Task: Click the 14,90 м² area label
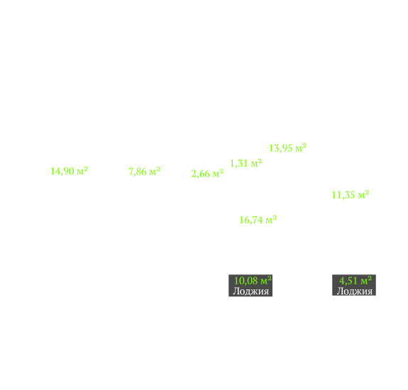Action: [69, 171]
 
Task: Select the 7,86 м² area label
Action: [145, 172]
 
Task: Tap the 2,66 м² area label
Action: [207, 174]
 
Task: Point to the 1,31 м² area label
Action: [246, 163]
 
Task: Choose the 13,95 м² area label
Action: [287, 148]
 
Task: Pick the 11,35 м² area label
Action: [351, 195]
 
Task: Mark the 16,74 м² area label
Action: [258, 220]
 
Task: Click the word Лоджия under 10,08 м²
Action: [251, 291]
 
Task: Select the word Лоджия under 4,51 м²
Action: [355, 291]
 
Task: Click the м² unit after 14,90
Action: [82, 171]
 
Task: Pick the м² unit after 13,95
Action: [301, 147]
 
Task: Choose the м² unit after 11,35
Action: [363, 194]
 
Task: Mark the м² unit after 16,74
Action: [271, 220]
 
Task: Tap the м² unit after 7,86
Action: [155, 171]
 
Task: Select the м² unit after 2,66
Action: [218, 173]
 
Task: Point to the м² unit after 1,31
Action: [256, 163]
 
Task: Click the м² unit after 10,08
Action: [266, 280]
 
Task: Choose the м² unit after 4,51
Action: [366, 280]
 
